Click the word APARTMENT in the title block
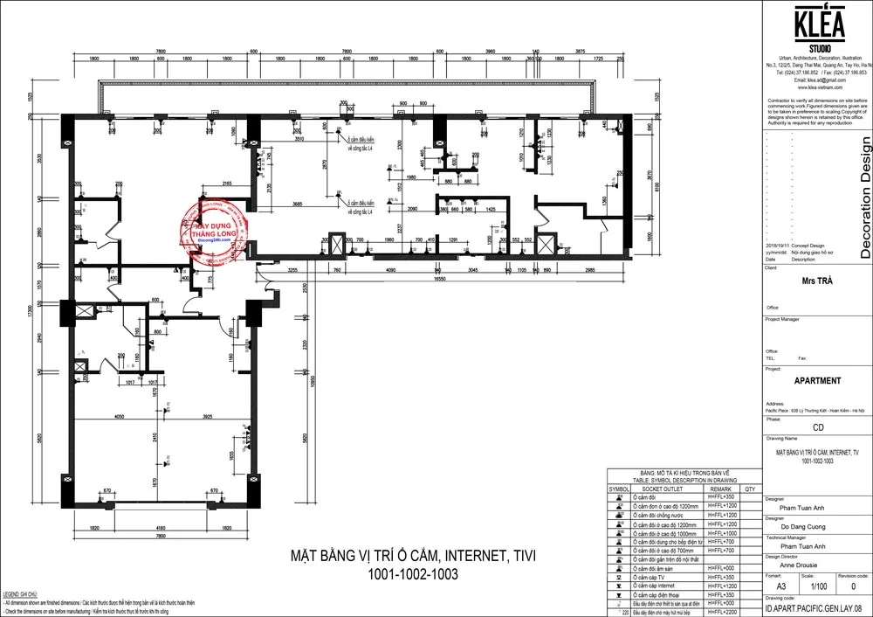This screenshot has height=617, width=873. (817, 381)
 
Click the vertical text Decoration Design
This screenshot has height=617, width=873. (864, 197)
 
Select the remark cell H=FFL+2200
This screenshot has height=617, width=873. (721, 613)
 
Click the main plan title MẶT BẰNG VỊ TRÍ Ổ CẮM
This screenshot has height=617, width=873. (413, 555)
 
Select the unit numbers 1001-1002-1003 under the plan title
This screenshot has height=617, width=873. (413, 574)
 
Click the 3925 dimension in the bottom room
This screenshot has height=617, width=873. (202, 417)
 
